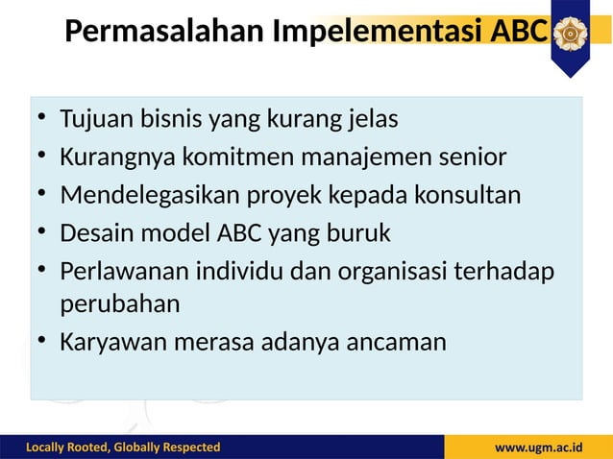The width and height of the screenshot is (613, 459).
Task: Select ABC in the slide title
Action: [x=519, y=33]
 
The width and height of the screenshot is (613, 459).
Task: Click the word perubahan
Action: [x=120, y=305]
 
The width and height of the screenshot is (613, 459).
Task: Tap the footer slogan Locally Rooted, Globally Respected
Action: [x=123, y=447]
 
